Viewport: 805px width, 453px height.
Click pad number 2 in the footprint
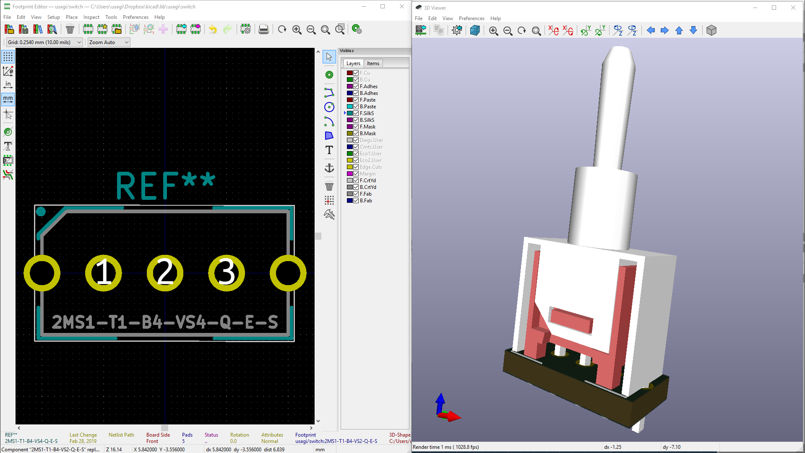click(x=165, y=273)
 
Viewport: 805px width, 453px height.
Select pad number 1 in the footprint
click(x=104, y=273)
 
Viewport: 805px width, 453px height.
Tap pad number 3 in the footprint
click(x=227, y=273)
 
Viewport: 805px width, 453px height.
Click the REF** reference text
click(x=165, y=185)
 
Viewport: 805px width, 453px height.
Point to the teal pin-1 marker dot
click(x=41, y=212)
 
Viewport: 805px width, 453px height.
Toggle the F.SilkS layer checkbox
click(x=356, y=113)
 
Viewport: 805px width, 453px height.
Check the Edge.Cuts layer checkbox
click(x=356, y=167)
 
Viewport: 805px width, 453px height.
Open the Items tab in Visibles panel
click(x=373, y=63)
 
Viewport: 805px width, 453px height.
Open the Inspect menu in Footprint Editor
click(x=91, y=17)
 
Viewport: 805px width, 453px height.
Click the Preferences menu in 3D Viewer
click(x=472, y=18)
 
